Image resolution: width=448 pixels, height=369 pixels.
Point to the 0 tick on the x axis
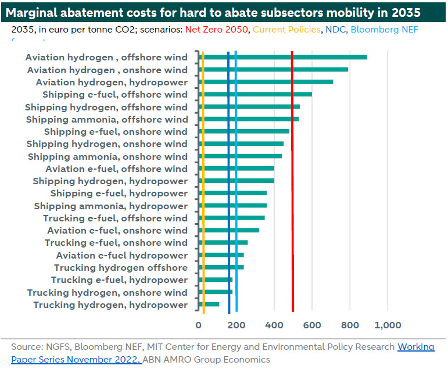[198, 325]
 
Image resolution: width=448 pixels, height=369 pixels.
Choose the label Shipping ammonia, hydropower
[110, 206]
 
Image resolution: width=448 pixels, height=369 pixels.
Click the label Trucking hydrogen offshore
[120, 268]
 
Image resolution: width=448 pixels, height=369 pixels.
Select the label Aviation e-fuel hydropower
[121, 256]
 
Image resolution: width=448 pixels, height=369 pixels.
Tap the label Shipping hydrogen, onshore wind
[107, 144]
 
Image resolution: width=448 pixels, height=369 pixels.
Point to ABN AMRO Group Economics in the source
[207, 360]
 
